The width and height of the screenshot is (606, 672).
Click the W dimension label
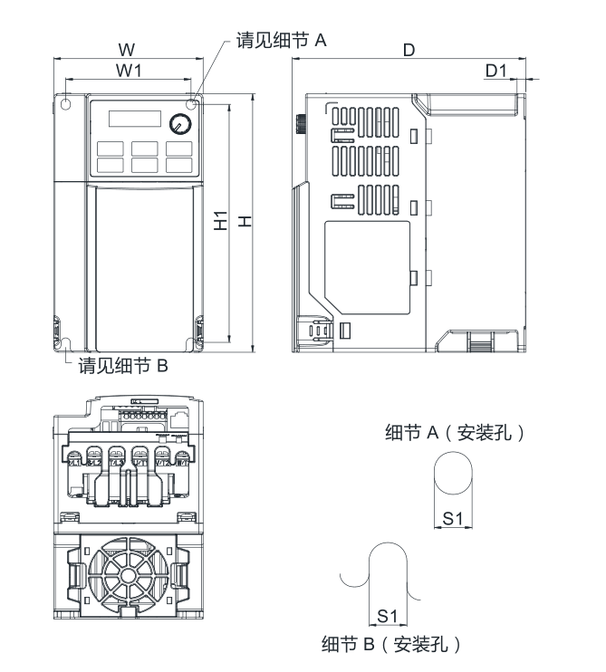(x=127, y=48)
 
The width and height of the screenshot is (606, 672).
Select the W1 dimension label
(x=128, y=70)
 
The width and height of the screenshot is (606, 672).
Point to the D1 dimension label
(x=496, y=70)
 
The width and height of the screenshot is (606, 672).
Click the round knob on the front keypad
(x=179, y=123)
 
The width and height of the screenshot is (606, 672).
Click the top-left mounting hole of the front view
(x=66, y=104)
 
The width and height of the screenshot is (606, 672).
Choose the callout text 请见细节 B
(x=123, y=366)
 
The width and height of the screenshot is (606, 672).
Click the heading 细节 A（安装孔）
(x=456, y=432)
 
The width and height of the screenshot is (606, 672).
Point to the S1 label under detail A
(x=453, y=517)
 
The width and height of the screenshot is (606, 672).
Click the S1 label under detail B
(x=388, y=616)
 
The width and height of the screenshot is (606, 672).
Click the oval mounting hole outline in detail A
(x=453, y=476)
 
